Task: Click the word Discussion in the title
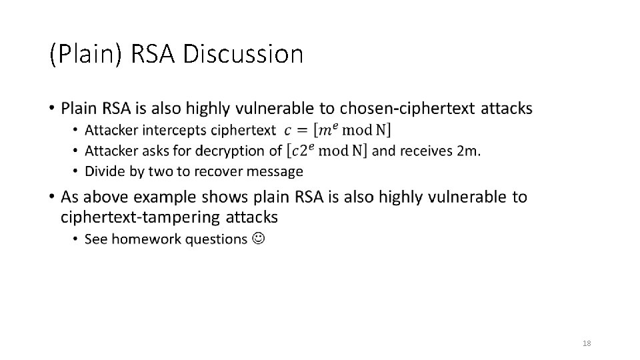coord(243,54)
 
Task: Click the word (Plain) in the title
coord(85,55)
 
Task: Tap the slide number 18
coord(587,343)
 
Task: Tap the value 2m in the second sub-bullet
coord(467,151)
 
